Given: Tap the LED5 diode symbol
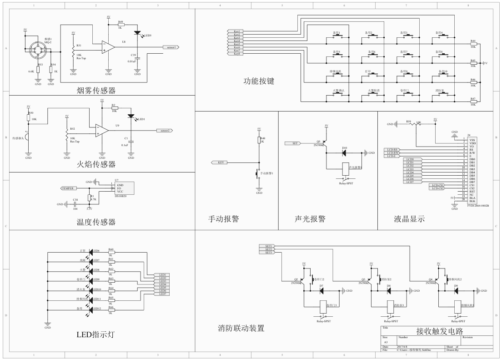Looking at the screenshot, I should tap(137, 33).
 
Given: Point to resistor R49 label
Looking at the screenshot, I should tap(120, 21).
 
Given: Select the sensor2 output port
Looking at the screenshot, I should tap(165, 131).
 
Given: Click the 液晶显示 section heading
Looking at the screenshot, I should tap(409, 219).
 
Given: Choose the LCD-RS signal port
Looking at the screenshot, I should tap(392, 149).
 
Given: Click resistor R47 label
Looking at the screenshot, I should tap(473, 98).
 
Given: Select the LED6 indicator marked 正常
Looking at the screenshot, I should tap(91, 251).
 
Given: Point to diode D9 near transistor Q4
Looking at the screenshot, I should tap(456, 290).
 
